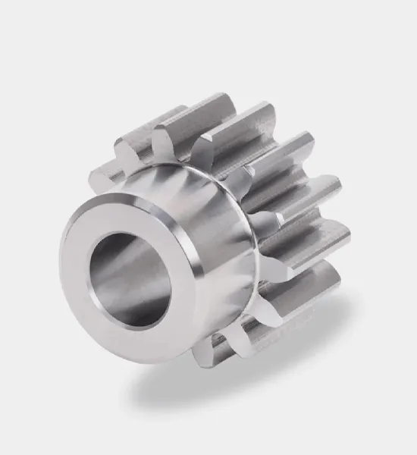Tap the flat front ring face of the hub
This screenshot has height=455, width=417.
83,303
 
